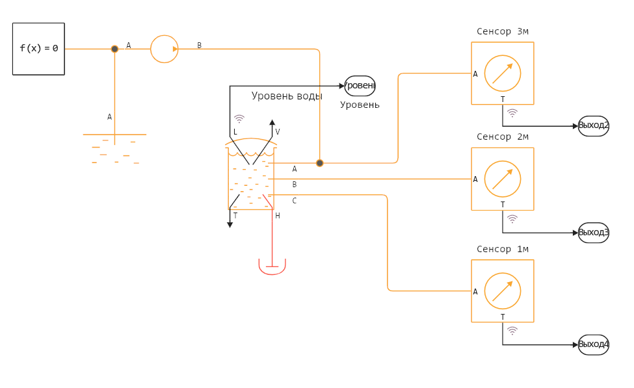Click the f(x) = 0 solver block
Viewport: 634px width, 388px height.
38,49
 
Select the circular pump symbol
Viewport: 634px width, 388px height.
165,49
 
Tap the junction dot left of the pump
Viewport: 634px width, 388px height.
114,49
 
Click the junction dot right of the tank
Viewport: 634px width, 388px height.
320,163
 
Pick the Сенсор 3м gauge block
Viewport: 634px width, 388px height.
503,73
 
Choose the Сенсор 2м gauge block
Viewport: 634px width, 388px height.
503,179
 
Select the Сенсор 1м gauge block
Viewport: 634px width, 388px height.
503,291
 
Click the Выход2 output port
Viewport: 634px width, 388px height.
593,126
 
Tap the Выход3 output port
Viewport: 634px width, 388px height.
593,233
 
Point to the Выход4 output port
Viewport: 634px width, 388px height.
593,344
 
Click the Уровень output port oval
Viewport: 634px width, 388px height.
360,86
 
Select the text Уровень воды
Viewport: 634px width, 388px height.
287,96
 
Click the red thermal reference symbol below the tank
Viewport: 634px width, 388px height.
272,266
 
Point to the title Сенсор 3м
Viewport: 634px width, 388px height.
503,31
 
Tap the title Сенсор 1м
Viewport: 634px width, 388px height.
503,249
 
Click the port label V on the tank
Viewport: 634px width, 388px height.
278,132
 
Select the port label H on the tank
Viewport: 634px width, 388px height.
278,216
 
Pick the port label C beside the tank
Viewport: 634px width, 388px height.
294,201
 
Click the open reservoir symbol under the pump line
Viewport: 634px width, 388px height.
114,148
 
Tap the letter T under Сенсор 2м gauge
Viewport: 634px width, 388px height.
503,205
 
